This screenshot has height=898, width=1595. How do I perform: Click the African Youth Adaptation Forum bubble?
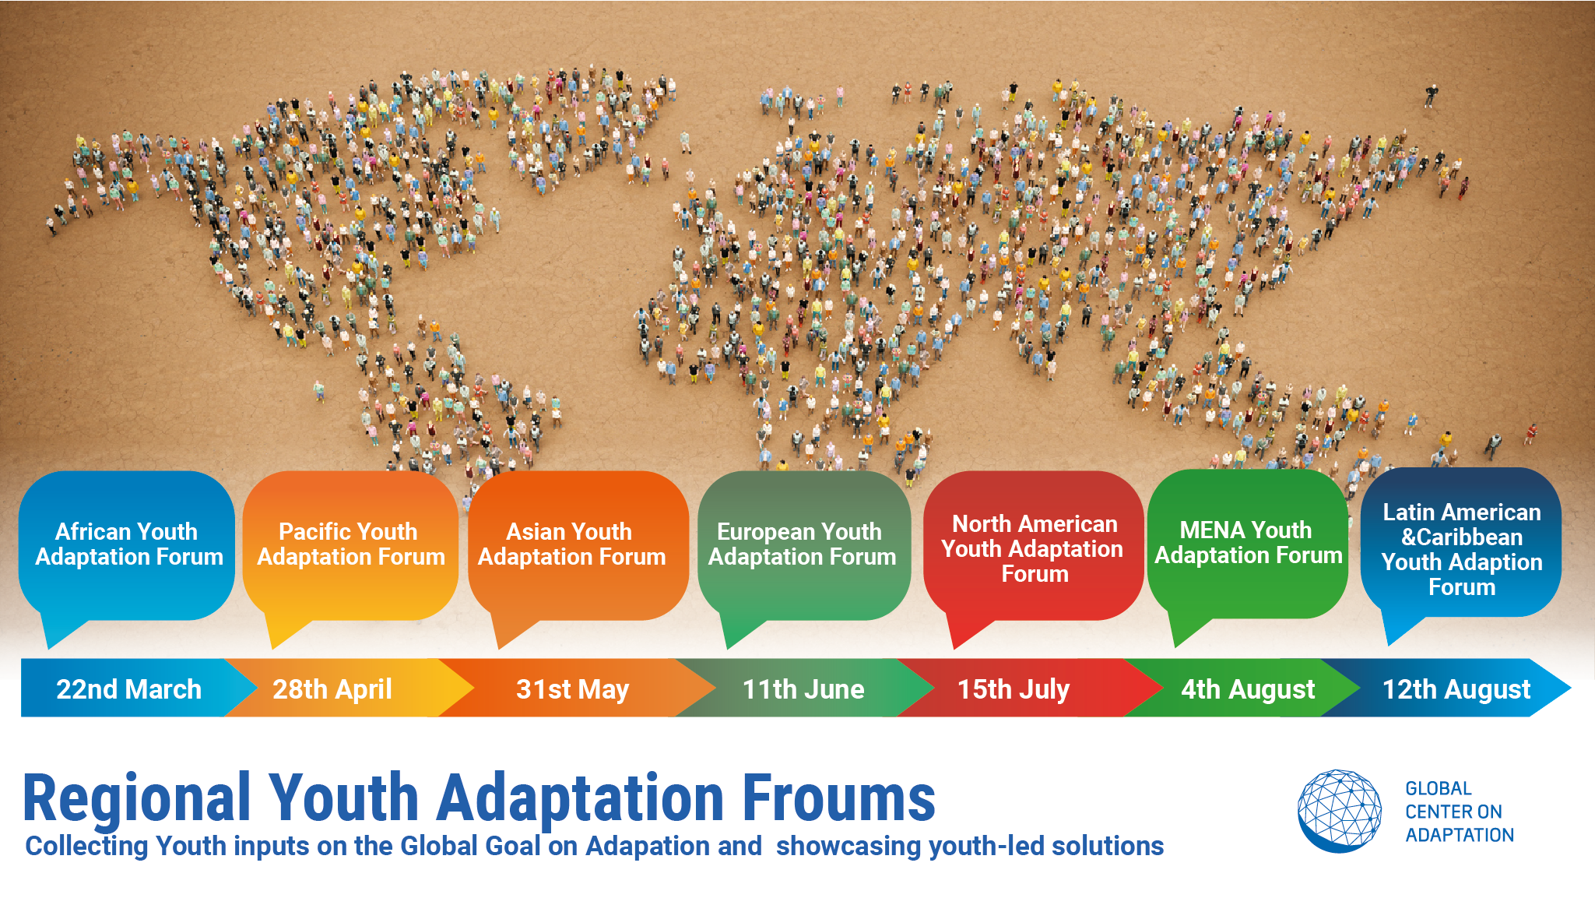coord(127,545)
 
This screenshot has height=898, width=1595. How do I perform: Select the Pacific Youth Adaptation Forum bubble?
coord(350,545)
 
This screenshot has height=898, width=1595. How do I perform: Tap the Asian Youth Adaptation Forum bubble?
coord(578,545)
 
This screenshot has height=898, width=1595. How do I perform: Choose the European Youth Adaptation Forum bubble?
coord(804,545)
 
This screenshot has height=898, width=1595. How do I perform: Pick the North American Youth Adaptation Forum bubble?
coord(1033,545)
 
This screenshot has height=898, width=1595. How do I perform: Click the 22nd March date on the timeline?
coord(128,689)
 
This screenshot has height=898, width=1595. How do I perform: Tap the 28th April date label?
coord(332,689)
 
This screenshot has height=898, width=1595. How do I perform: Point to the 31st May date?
coord(572,689)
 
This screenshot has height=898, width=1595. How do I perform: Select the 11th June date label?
coord(803,689)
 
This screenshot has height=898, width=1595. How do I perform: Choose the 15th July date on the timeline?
coord(1014,689)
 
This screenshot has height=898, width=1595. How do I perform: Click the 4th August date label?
coord(1248,689)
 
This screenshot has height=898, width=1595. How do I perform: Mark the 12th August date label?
coord(1456,689)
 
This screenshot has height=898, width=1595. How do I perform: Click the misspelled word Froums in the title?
coord(838,798)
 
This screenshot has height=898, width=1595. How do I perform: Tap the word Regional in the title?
coord(137,799)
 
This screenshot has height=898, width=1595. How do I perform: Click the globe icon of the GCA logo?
coord(1340,811)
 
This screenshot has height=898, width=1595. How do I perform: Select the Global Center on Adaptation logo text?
coord(1460,812)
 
